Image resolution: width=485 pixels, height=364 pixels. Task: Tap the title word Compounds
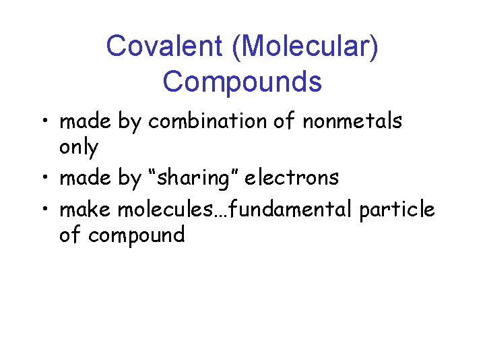pos(242,82)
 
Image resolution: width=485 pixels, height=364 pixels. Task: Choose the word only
pos(78,148)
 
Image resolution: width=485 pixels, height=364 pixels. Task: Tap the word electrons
pos(292,178)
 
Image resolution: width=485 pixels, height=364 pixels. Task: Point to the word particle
pos(397,210)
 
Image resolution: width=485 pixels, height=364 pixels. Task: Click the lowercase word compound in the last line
pos(136,235)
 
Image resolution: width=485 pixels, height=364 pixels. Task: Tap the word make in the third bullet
pos(86,210)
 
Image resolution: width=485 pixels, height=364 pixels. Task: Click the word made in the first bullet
pos(86,121)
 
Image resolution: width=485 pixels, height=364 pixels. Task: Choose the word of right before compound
pos(70,235)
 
